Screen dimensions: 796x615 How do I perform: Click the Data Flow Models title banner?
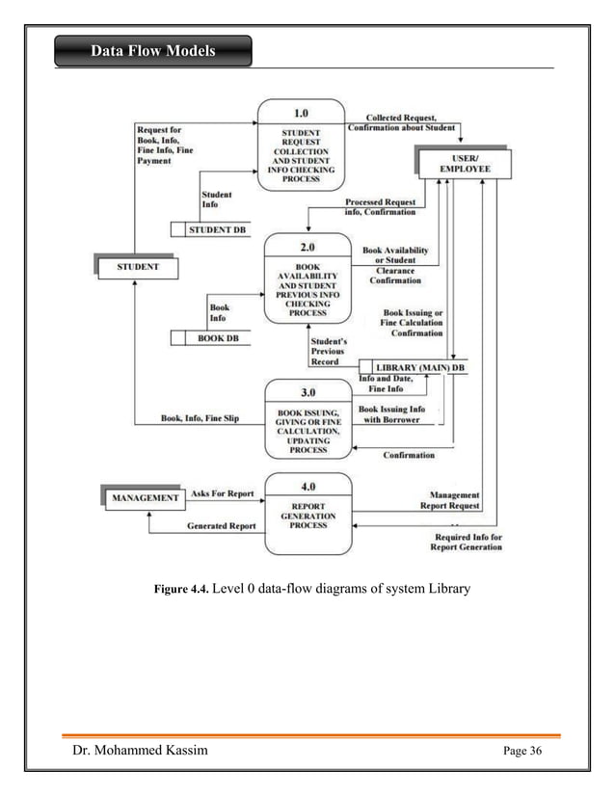click(153, 50)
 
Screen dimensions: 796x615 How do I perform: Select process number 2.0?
click(307, 247)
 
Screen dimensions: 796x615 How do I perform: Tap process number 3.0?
click(307, 393)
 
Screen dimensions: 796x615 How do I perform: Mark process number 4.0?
click(307, 488)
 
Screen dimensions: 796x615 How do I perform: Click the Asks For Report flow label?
click(222, 493)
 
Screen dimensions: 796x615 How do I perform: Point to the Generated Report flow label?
click(221, 526)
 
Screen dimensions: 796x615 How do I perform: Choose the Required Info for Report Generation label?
click(467, 542)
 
